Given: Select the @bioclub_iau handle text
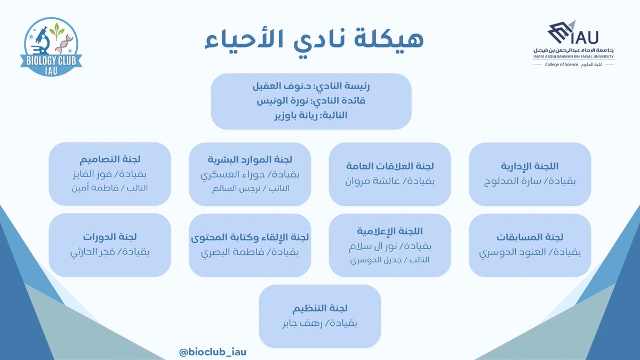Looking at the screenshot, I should pos(213,351).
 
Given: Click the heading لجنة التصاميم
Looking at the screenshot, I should pos(110,159).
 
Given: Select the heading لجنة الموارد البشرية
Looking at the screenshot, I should pos(250,159).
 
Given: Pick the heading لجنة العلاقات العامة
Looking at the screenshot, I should pos(390,166).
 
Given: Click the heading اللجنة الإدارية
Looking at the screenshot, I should pos(530,166).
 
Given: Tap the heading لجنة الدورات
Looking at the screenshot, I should pos(110,237).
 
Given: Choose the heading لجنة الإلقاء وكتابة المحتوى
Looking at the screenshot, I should pos(250,237).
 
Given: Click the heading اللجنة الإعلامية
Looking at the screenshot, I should pos(390,230).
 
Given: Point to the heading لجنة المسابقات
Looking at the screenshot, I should pos(530,237).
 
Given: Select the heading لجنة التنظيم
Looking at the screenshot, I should pos(320,308).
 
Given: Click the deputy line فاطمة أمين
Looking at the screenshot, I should pos(110,188).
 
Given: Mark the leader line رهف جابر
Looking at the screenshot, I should pos(320,324).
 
